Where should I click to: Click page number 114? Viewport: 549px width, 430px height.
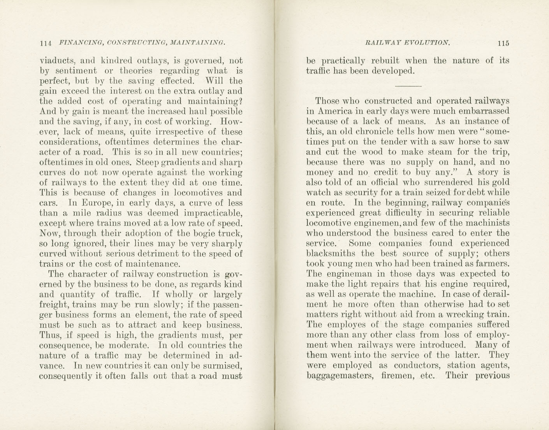coord(46,43)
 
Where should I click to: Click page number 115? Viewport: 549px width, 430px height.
coord(503,43)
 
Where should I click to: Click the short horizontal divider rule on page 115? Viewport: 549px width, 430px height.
coord(408,86)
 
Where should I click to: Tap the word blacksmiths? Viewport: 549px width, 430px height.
coord(331,254)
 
